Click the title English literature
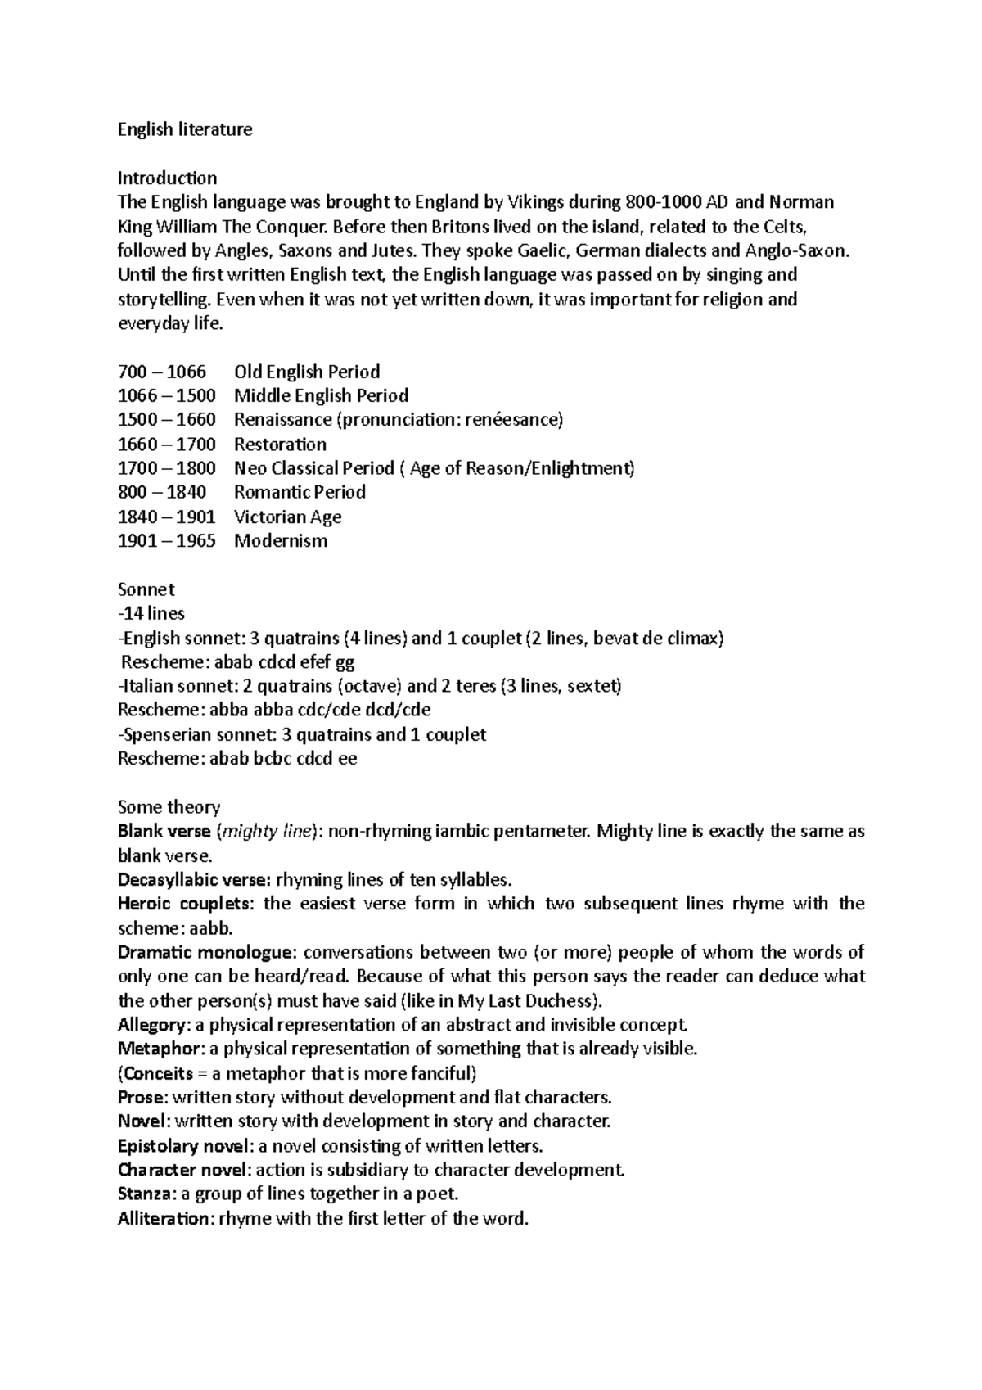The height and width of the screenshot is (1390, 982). click(185, 129)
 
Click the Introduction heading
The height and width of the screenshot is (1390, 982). click(167, 178)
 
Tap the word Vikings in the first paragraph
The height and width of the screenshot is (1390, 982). click(537, 202)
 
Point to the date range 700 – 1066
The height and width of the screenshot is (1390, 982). click(162, 372)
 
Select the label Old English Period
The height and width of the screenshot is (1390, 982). click(307, 372)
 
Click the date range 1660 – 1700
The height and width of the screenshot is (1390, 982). click(167, 445)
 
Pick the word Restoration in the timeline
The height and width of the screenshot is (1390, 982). click(280, 445)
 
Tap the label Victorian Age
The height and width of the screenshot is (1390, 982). click(287, 517)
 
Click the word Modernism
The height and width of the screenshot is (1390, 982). click(281, 541)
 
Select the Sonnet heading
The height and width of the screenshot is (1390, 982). click(146, 589)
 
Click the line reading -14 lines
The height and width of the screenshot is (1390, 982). click(151, 613)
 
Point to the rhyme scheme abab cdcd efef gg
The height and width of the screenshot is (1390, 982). click(283, 662)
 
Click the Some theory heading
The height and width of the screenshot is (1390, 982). click(169, 807)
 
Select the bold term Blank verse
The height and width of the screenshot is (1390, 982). click(164, 832)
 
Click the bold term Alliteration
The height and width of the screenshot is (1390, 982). click(164, 1219)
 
